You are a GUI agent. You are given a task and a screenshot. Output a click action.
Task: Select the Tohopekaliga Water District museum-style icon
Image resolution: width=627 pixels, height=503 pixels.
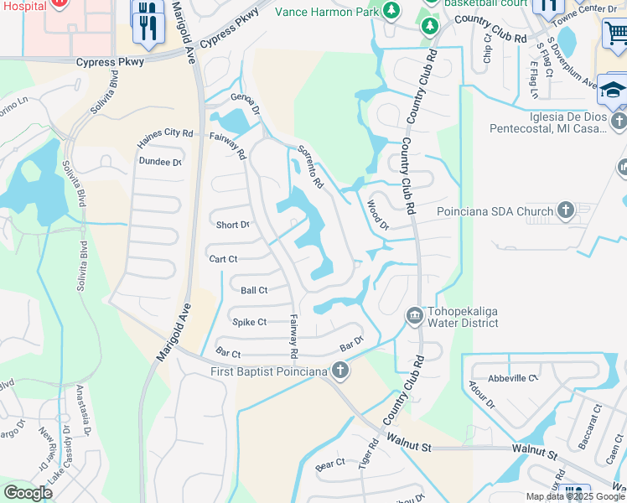click(414, 316)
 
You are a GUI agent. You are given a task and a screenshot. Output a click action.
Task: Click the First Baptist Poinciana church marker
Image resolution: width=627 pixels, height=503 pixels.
click(339, 369)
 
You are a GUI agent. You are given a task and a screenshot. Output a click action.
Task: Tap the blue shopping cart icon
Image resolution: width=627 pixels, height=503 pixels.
click(616, 34)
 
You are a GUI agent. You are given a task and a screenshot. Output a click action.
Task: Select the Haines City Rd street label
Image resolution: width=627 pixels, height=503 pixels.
click(166, 133)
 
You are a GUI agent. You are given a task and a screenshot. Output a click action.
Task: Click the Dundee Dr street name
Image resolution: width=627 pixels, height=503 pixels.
click(160, 162)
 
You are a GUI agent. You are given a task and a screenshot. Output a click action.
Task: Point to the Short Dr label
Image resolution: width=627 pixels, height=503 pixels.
click(233, 225)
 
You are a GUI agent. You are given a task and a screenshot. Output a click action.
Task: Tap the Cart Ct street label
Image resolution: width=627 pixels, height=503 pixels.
click(225, 259)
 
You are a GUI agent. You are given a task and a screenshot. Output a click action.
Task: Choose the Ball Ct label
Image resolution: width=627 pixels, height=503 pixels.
click(254, 290)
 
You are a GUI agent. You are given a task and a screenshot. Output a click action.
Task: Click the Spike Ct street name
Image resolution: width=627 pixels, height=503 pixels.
click(249, 322)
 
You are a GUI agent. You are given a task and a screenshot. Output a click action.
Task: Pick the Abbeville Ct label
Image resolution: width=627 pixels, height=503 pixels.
click(513, 378)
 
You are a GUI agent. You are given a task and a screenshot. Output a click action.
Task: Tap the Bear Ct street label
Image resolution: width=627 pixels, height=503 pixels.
click(330, 464)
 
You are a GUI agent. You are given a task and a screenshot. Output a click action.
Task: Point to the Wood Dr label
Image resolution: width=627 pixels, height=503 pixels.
click(378, 213)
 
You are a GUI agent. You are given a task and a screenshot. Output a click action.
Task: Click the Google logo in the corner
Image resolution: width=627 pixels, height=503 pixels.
click(28, 493)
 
